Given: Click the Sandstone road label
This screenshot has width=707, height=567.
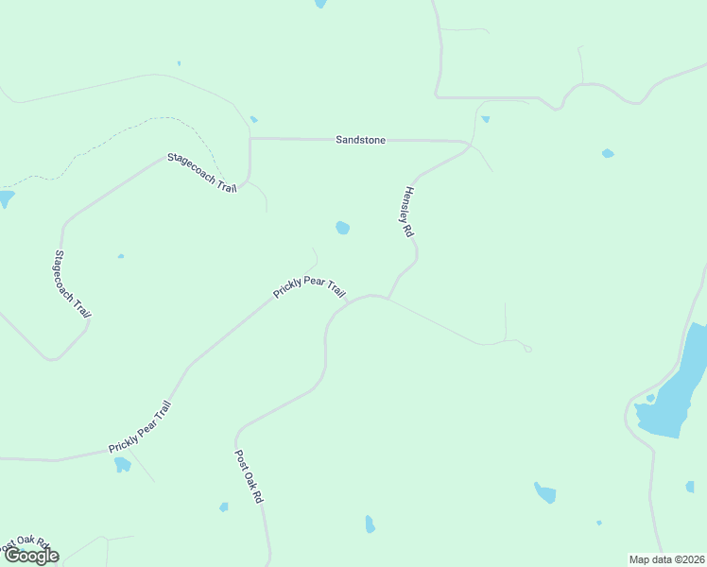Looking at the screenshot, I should tap(360, 140).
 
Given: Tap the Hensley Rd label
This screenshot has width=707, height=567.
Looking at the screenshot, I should tap(408, 210).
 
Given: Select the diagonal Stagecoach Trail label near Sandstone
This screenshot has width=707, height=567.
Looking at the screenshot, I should tap(201, 172).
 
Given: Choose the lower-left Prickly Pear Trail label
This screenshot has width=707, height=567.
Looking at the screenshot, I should tap(139, 427).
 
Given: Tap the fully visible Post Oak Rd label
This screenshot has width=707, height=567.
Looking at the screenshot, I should tap(248, 475).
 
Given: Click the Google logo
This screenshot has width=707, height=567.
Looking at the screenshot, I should tap(31, 556).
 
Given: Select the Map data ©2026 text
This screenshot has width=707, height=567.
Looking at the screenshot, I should tap(666, 559).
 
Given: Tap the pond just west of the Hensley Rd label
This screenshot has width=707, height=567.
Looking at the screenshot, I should tap(342, 228).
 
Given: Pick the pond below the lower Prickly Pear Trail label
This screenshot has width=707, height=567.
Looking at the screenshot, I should tap(122, 464).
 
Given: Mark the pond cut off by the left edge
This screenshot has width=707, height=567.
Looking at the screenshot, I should tap(6, 198).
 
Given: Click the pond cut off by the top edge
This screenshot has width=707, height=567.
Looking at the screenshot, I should tap(320, 4).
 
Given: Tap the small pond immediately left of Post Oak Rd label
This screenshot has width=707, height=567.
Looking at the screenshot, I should tap(224, 507).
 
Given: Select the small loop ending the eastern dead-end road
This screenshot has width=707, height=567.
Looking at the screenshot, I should tap(527, 349).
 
